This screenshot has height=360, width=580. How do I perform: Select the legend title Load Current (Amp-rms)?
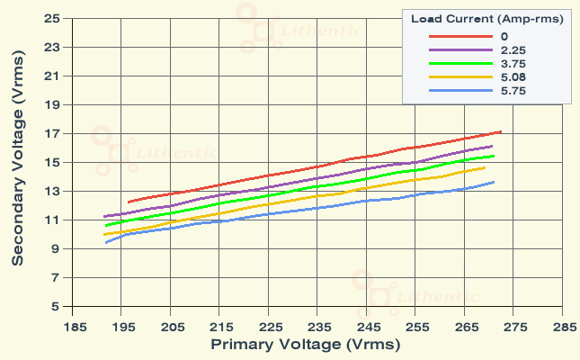[x=486, y=18]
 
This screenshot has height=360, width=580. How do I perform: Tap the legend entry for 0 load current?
[x=506, y=36]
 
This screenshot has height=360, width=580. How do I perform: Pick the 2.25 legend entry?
[x=513, y=50]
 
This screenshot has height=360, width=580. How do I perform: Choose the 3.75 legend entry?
[x=513, y=64]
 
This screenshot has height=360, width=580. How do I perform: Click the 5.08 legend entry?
[x=513, y=77]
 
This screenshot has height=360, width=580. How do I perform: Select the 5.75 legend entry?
[x=513, y=91]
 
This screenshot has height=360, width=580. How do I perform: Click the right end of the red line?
[x=500, y=132]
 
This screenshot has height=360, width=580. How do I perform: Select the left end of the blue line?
[x=105, y=242]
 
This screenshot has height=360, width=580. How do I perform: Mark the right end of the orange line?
[x=486, y=167]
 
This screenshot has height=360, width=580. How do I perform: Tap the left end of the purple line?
[x=105, y=217]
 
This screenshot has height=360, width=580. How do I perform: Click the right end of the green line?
[x=495, y=156]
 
